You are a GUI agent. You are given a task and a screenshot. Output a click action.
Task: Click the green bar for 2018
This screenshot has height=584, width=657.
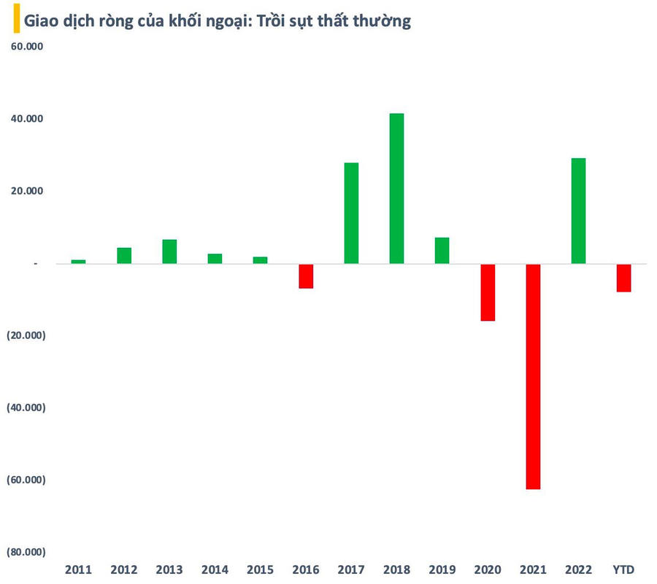click(x=396, y=188)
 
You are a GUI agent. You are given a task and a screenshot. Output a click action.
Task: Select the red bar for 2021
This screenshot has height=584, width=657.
click(x=533, y=376)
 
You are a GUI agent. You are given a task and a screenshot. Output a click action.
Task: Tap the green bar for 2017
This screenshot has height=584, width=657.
click(x=351, y=213)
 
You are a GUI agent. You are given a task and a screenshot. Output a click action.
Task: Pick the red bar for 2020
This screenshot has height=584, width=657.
click(x=488, y=292)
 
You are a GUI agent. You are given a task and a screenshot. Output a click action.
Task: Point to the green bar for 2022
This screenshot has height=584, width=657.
click(x=578, y=211)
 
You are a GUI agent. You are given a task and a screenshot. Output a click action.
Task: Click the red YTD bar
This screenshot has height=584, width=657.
click(x=623, y=278)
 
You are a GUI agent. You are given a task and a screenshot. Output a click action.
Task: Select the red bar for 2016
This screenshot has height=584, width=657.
click(x=306, y=276)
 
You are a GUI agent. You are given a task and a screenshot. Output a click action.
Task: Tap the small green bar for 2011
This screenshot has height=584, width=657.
click(x=78, y=261)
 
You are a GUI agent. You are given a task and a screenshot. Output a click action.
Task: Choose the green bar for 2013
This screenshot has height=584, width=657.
click(x=169, y=252)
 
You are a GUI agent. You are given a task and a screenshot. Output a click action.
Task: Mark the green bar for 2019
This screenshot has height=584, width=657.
click(x=442, y=250)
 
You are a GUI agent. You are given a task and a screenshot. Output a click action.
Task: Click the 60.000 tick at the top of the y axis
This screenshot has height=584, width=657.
click(x=25, y=47)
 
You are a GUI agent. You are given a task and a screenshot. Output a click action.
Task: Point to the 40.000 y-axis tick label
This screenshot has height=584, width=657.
click(x=25, y=119)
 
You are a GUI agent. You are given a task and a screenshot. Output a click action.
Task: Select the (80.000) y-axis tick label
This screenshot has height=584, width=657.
click(x=26, y=552)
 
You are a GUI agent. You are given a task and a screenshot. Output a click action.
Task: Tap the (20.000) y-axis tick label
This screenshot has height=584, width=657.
click(x=26, y=335)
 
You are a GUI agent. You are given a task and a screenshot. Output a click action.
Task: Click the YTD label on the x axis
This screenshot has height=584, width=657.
click(x=623, y=569)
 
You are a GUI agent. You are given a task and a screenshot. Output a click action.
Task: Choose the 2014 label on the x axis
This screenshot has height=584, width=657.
click(x=215, y=569)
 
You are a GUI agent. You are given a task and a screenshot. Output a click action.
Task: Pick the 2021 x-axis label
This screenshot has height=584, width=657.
click(x=533, y=569)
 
